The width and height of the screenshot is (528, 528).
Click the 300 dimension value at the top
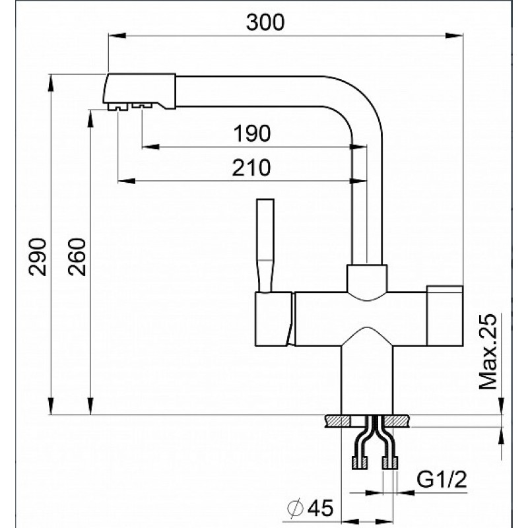265,22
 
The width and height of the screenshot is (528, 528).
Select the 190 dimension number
252,133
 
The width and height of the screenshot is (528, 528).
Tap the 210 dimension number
251,168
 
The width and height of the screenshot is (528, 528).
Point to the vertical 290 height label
38,257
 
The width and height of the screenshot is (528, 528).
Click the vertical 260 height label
77,257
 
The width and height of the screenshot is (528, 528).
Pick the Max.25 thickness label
488,352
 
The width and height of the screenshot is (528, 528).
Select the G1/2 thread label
442,480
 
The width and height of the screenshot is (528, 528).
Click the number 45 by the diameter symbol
321,508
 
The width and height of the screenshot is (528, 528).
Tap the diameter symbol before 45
296,508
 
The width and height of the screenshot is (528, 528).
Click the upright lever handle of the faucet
265,245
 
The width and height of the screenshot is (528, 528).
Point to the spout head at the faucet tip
139,92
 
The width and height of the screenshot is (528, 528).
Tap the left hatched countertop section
338,421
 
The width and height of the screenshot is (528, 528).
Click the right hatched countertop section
398,421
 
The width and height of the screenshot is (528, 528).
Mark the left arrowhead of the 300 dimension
117,36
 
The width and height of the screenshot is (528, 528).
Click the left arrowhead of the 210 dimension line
126,181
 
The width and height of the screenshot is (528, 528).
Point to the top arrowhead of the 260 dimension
90,119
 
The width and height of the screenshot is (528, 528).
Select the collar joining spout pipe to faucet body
367,279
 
